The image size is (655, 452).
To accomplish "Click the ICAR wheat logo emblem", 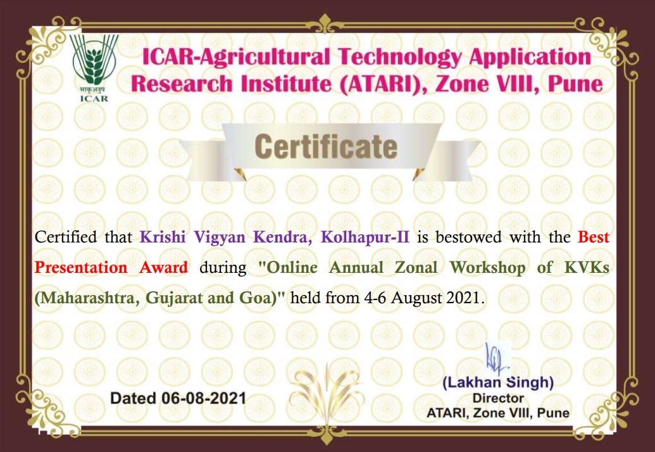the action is click(94, 61).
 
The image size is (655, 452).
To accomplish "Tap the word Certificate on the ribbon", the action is click(326, 147).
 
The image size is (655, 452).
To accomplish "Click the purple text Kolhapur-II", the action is click(365, 237).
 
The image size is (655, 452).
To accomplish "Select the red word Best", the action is click(594, 237).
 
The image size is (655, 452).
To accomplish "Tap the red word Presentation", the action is click(81, 267).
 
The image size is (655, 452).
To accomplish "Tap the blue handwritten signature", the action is click(497, 360).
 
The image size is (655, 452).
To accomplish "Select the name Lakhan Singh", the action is click(498, 382).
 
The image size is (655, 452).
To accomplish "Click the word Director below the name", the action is click(498, 398).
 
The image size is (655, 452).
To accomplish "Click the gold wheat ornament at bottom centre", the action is click(327, 392).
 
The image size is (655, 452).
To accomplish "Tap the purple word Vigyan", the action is click(220, 237).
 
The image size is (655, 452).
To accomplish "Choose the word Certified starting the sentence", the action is click(66, 237).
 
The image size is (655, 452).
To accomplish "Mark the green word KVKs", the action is click(587, 267).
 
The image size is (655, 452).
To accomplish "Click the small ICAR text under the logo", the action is click(94, 99).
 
